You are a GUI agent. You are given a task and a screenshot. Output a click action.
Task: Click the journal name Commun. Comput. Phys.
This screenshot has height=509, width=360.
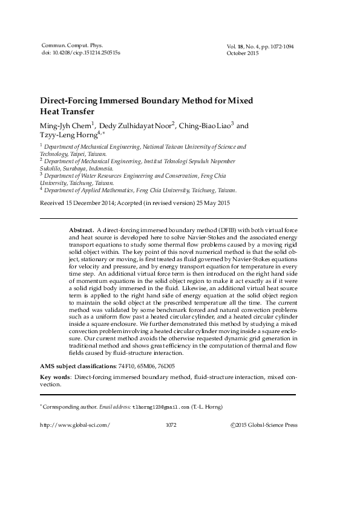pos(68,46)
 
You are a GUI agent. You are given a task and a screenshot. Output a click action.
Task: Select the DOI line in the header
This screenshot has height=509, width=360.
pos(80,53)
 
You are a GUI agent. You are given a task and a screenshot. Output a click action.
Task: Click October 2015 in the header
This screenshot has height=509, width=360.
pos(242,53)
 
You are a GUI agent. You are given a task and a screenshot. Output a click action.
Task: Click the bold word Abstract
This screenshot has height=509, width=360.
pos(81,230)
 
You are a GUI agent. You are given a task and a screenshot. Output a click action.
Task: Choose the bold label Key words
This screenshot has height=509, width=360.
pos(54,377)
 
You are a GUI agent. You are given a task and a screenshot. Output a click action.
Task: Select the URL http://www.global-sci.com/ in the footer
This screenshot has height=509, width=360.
pos(74,425)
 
